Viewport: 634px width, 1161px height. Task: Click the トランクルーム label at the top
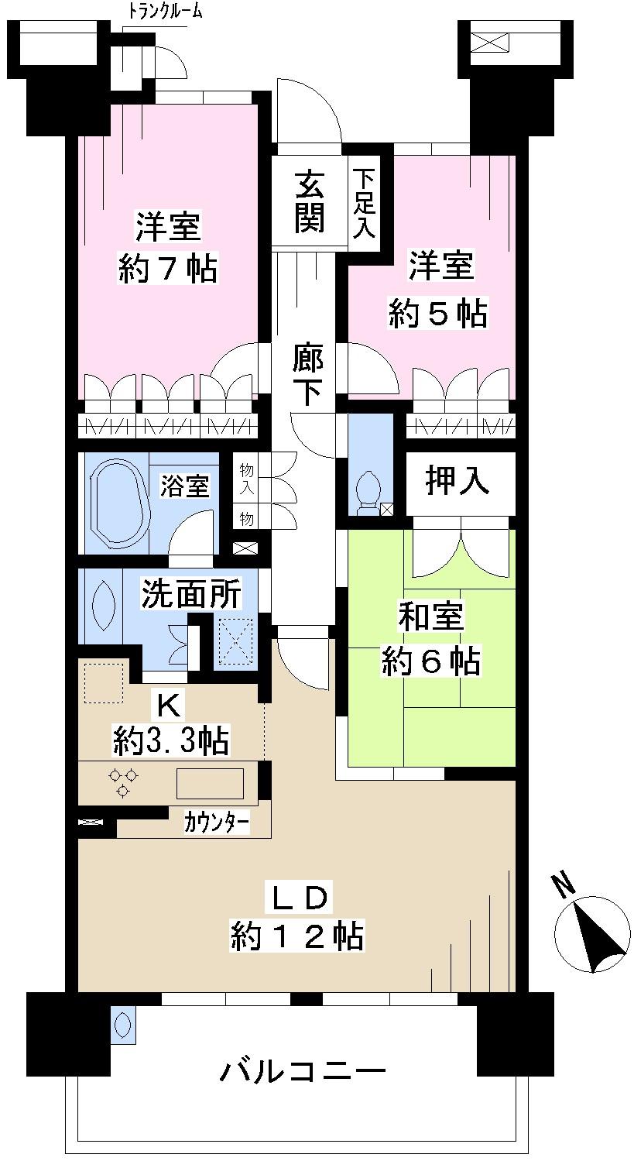click(165, 12)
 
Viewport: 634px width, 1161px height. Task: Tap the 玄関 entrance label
click(309, 203)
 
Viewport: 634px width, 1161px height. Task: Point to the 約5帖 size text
click(437, 314)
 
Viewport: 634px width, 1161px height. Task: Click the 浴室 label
click(184, 486)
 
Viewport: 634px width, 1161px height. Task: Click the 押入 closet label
click(458, 481)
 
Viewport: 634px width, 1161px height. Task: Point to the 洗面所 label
click(190, 594)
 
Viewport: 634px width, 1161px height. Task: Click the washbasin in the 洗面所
click(102, 604)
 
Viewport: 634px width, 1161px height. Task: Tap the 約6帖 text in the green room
click(430, 662)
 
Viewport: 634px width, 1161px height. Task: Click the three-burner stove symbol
click(122, 781)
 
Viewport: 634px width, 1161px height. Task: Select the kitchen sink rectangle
click(210, 783)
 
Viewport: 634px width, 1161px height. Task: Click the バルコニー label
click(303, 1073)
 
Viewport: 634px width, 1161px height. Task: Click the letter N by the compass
click(563, 884)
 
